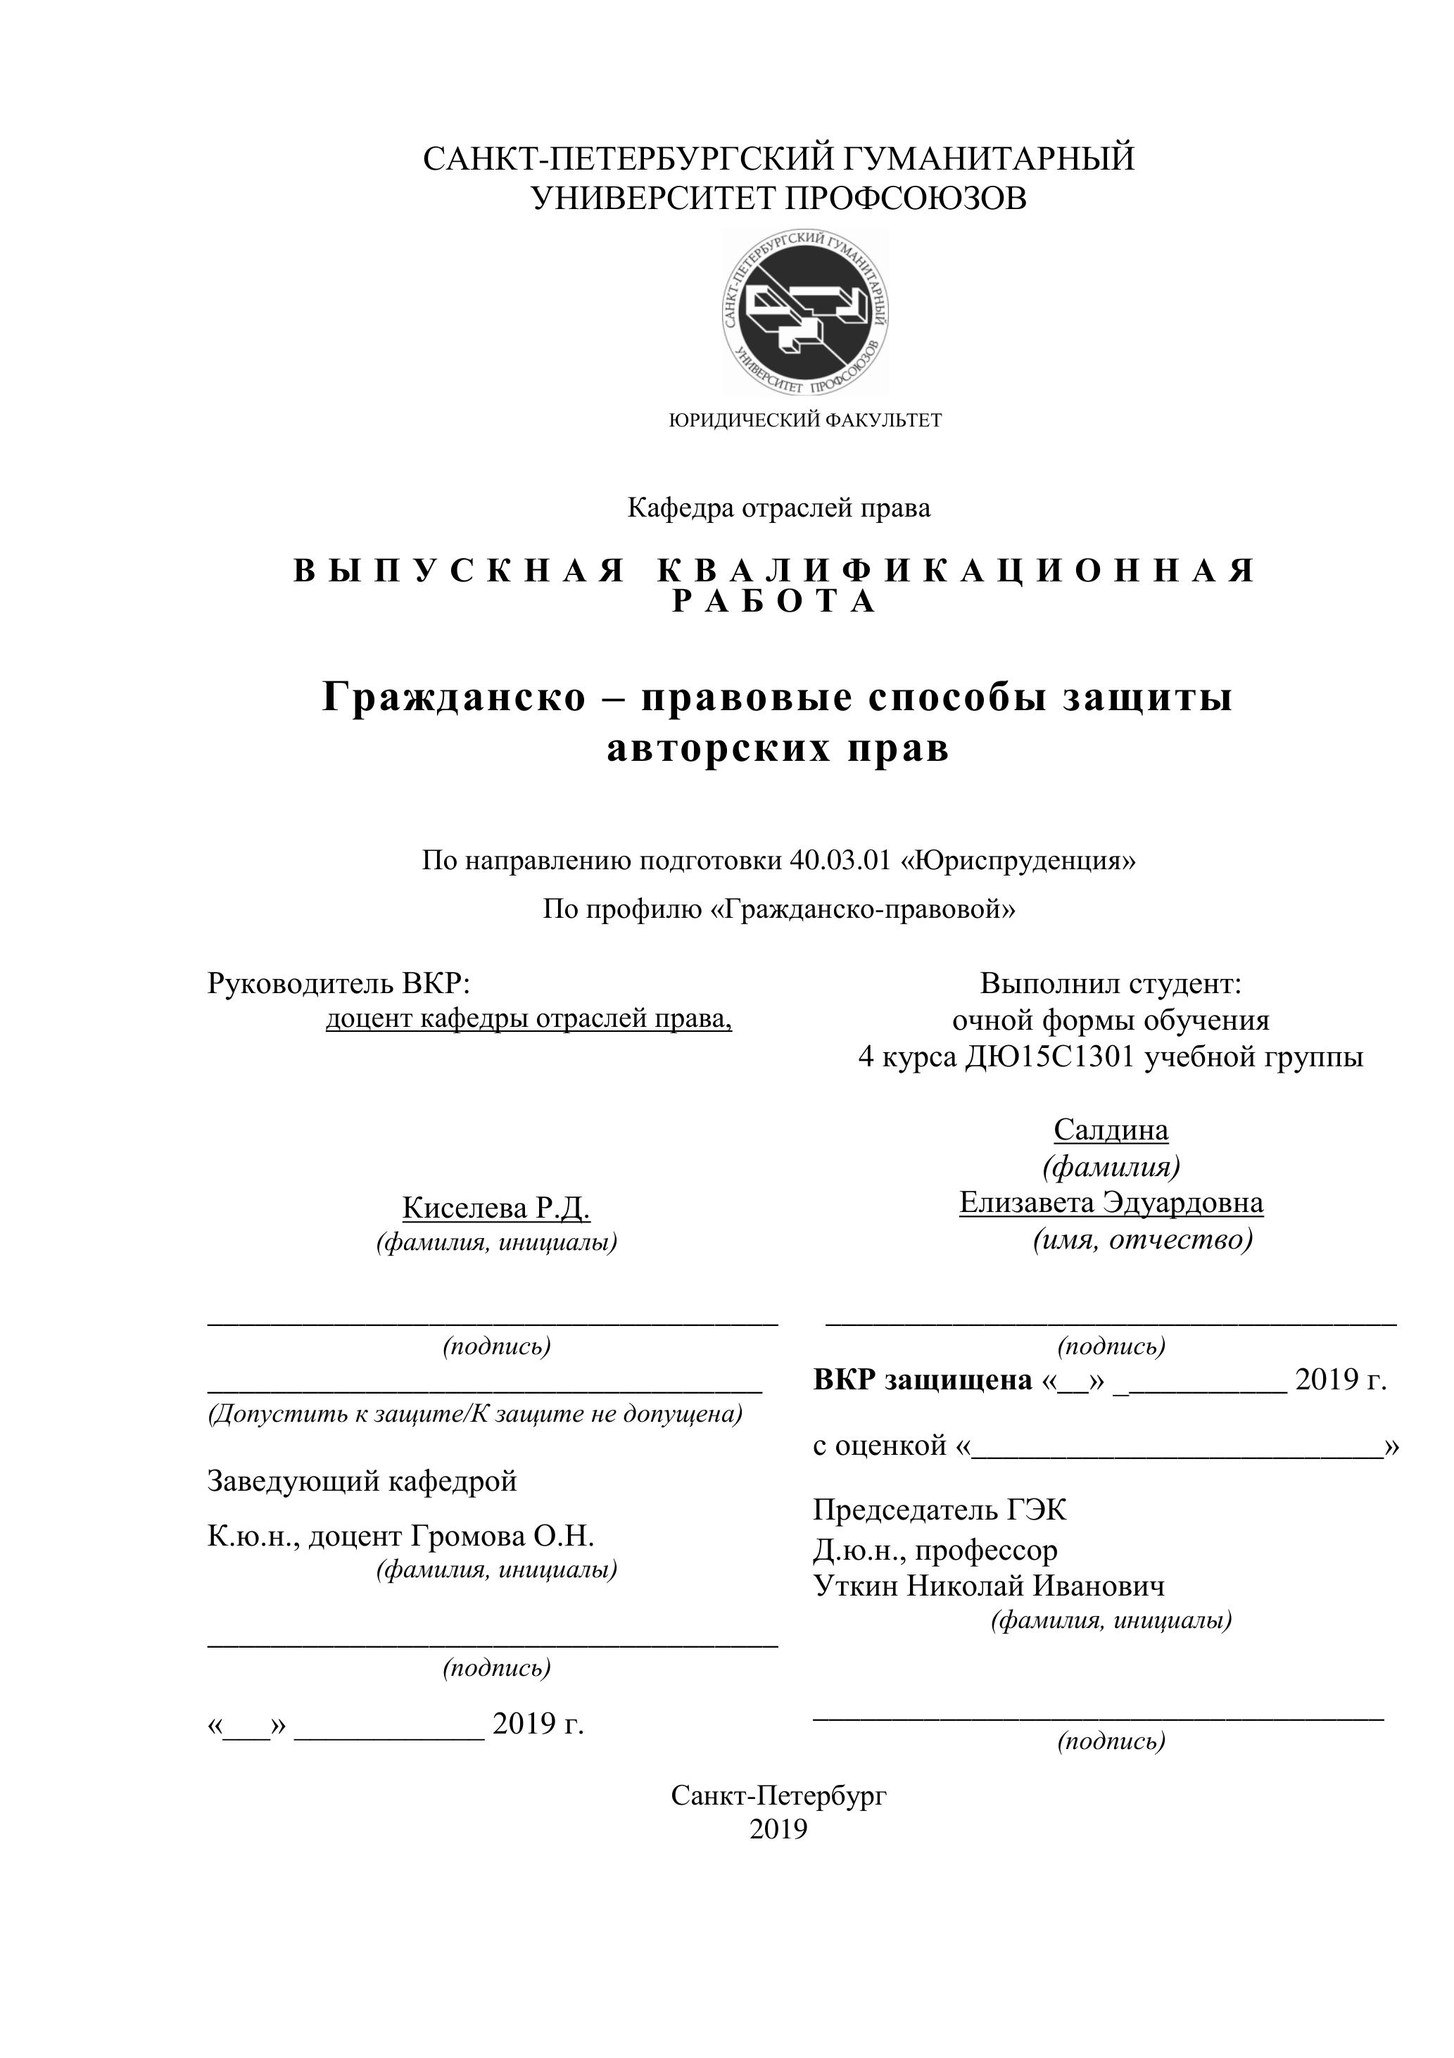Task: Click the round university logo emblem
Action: click(x=804, y=314)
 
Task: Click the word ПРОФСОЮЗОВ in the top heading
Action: click(x=905, y=198)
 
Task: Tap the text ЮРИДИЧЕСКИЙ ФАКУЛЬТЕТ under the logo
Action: click(x=805, y=420)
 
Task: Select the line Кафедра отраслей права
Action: click(x=778, y=508)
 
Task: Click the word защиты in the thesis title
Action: click(x=1147, y=697)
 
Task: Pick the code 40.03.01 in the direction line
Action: click(x=840, y=861)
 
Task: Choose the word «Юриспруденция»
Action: click(x=1018, y=861)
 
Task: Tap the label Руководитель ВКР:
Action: click(x=339, y=983)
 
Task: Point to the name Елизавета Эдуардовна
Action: click(x=1111, y=1203)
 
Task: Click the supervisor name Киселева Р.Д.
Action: click(x=495, y=1208)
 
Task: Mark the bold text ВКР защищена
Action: click(x=923, y=1380)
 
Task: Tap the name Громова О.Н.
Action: click(x=502, y=1536)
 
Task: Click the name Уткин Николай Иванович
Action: click(x=989, y=1586)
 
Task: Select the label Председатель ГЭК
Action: click(x=940, y=1510)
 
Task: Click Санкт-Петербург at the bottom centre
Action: click(x=778, y=1795)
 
